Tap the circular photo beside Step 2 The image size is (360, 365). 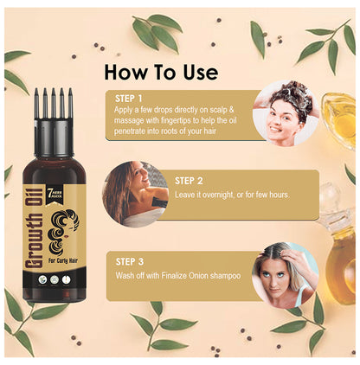click(131, 191)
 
